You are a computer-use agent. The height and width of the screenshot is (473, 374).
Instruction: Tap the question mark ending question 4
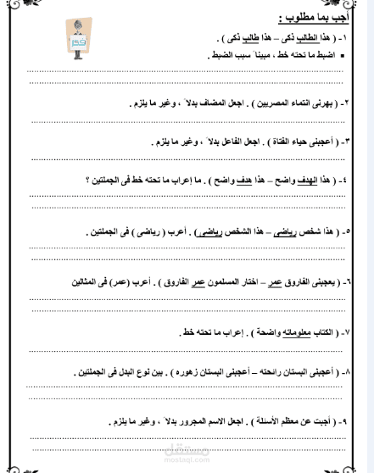coord(88,180)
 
